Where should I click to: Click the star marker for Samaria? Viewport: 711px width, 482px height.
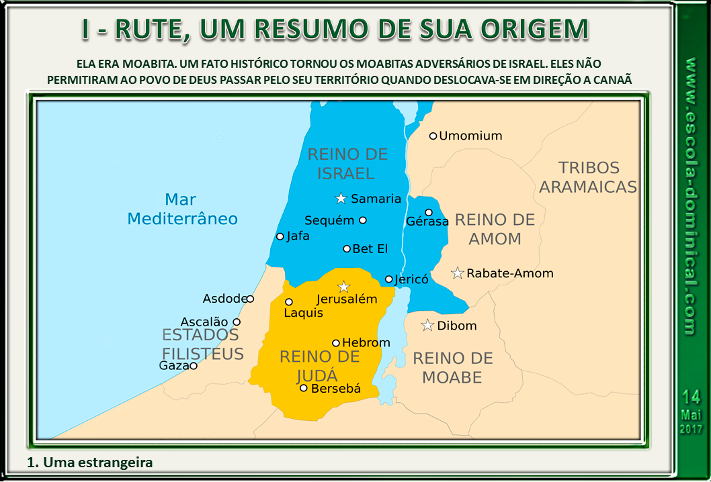click(341, 199)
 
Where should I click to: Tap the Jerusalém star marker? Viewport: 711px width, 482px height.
click(344, 287)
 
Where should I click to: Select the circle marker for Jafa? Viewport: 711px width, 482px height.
click(280, 236)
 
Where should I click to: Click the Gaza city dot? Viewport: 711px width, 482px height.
click(194, 366)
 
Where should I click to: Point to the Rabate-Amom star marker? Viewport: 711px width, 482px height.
click(458, 273)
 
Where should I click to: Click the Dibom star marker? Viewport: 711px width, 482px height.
click(427, 326)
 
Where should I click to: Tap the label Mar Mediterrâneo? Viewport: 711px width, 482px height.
click(182, 209)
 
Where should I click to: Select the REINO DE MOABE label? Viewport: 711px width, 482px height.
click(452, 368)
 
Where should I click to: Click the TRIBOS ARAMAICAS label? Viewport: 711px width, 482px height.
click(588, 177)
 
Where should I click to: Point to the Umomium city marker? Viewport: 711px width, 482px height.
click(433, 136)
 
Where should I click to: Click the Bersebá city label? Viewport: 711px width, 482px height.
click(336, 388)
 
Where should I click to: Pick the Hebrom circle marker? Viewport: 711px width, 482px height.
click(336, 343)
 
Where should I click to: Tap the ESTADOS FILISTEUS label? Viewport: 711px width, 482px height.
click(201, 344)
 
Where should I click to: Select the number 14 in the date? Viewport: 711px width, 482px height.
click(691, 397)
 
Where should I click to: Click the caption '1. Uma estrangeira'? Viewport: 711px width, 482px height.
click(91, 463)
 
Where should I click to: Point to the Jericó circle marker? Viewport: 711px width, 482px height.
click(388, 279)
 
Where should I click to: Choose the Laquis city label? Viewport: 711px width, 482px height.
click(303, 313)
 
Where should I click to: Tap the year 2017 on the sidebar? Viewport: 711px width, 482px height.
click(691, 428)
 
